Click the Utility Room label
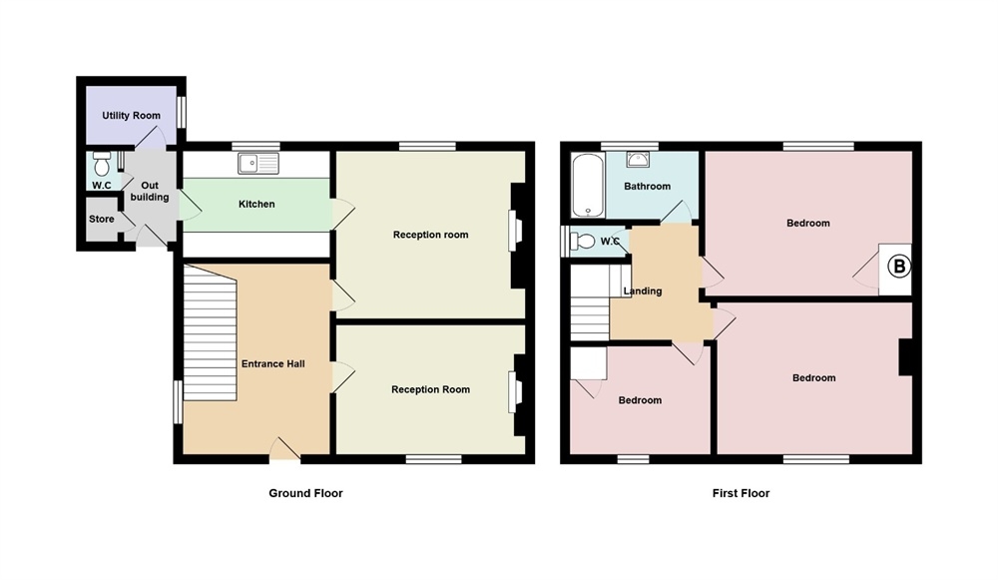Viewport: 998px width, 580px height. click(131, 116)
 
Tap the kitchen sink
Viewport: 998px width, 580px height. click(259, 163)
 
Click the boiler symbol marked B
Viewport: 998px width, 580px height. click(898, 267)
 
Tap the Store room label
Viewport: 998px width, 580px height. click(102, 220)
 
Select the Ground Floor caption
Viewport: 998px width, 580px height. click(305, 493)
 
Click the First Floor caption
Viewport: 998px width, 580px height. click(741, 493)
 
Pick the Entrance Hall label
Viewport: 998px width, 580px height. click(272, 363)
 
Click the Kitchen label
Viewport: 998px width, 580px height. click(256, 205)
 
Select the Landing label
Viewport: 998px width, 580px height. click(643, 291)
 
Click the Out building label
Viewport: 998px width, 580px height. click(150, 192)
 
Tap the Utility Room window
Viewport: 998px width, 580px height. click(182, 112)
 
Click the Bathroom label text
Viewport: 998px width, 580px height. click(647, 187)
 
